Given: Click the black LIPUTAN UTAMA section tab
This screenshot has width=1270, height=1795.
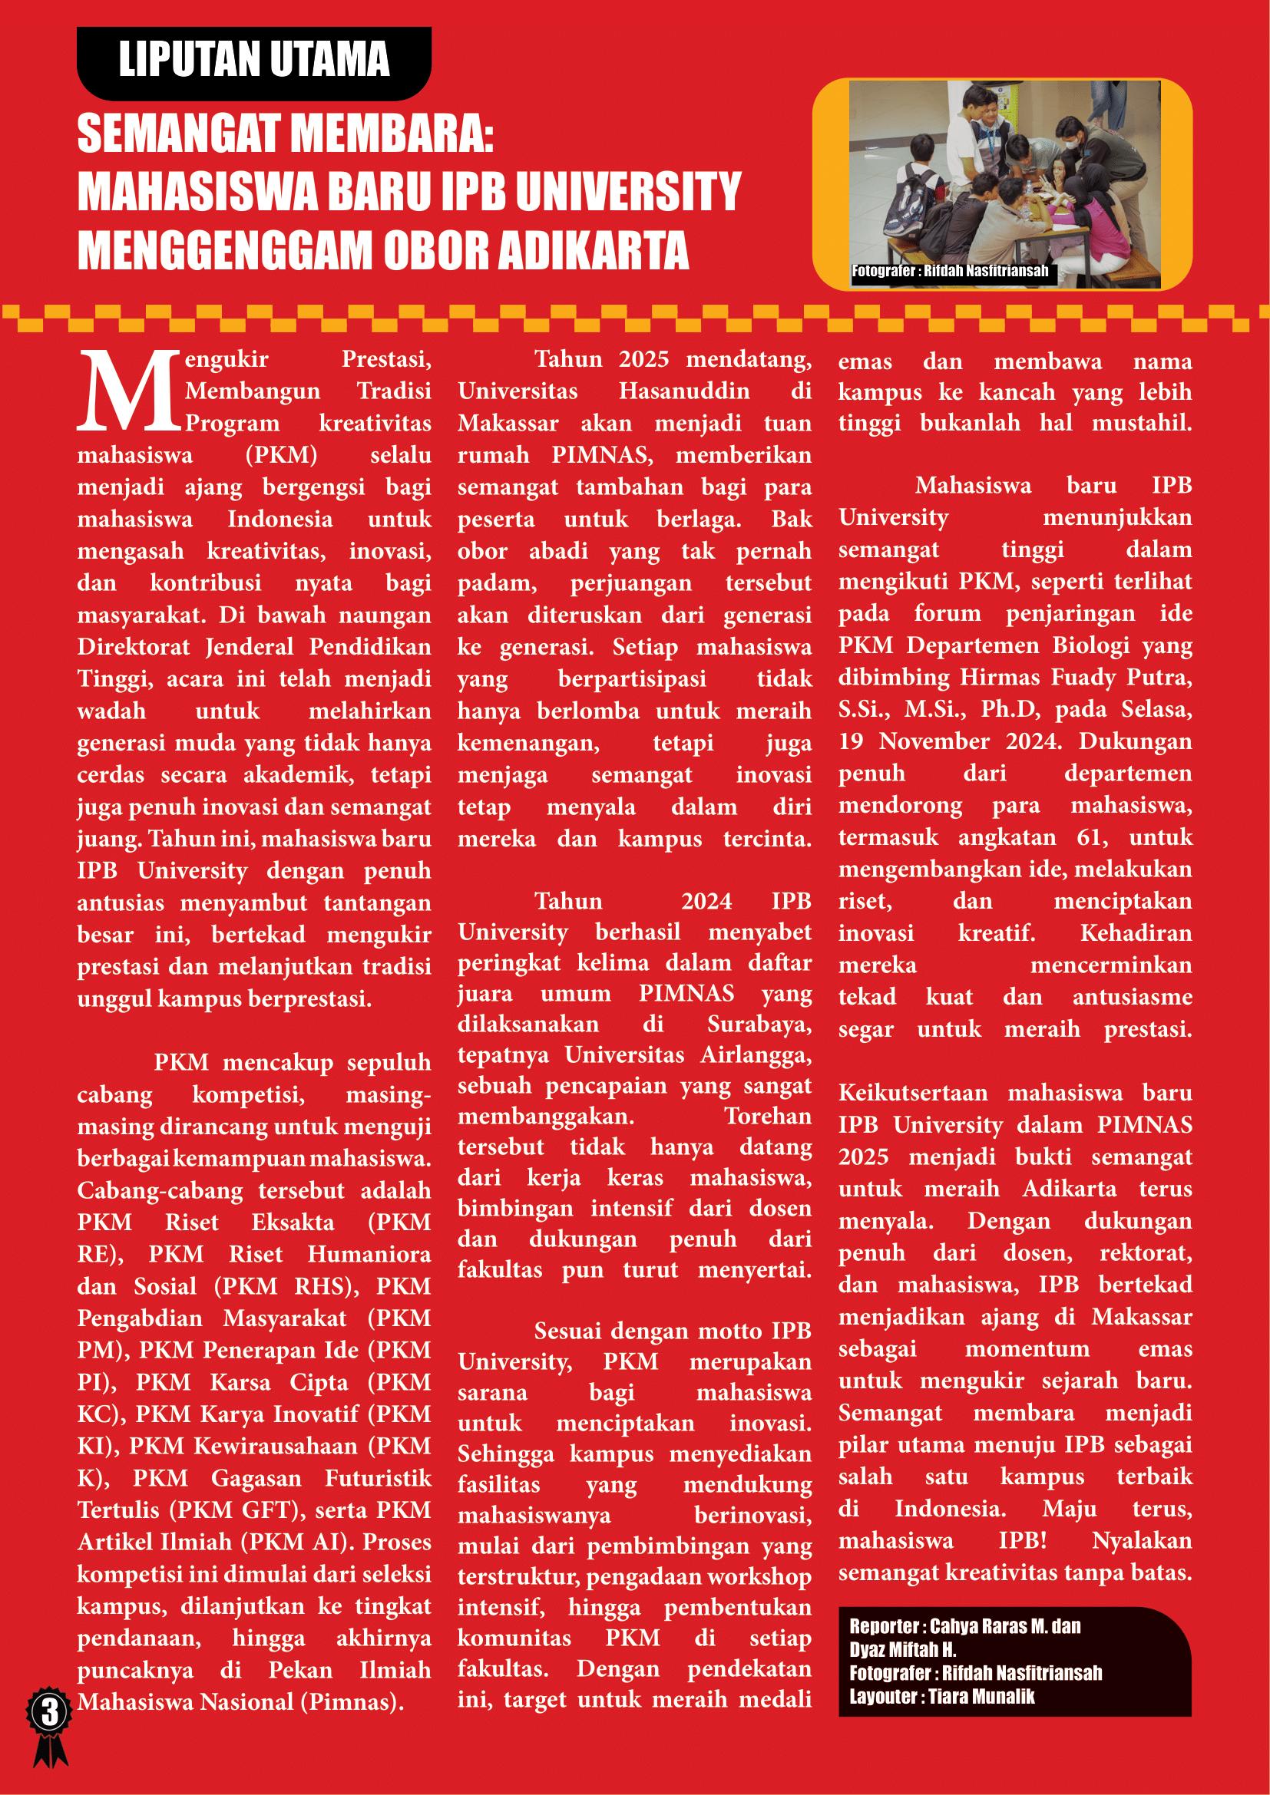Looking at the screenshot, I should click(253, 61).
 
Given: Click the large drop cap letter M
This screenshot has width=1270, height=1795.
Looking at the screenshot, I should click(129, 391).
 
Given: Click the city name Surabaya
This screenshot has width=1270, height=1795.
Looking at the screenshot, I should click(759, 1024).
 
